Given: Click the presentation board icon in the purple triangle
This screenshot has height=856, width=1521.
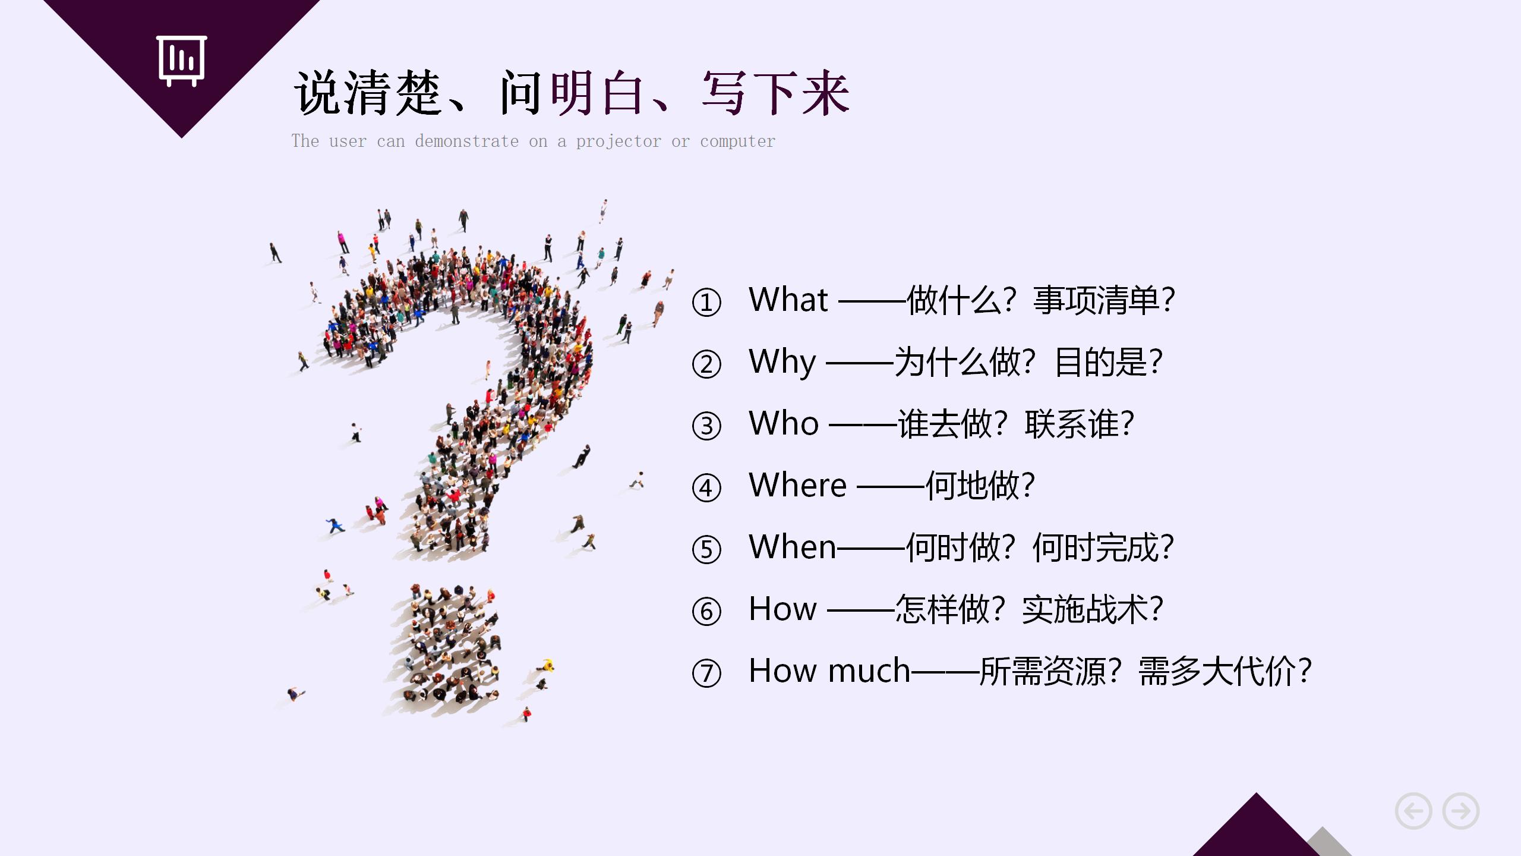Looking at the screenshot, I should pyautogui.click(x=182, y=61).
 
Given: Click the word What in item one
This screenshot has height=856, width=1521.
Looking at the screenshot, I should pyautogui.click(x=788, y=300).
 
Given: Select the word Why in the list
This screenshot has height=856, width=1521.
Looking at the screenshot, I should pyautogui.click(x=782, y=362).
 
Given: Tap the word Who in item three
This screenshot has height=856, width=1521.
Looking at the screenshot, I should pyautogui.click(x=784, y=424).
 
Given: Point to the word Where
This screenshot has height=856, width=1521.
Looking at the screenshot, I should pyautogui.click(x=797, y=486).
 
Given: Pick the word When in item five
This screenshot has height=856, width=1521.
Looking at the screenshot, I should pyautogui.click(x=793, y=547).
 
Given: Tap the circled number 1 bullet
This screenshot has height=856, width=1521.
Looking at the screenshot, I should pyautogui.click(x=706, y=303).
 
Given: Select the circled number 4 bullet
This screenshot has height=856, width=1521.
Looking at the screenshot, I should pyautogui.click(x=706, y=488).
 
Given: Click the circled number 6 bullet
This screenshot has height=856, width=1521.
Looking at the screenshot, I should pyautogui.click(x=706, y=612).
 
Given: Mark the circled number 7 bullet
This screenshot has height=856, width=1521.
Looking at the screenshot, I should pyautogui.click(x=706, y=674).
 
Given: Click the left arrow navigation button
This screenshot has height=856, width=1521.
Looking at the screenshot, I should pyautogui.click(x=1413, y=811).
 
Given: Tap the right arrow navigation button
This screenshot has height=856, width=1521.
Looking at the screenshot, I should pyautogui.click(x=1461, y=811).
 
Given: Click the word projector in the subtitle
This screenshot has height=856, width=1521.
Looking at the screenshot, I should pyautogui.click(x=618, y=142).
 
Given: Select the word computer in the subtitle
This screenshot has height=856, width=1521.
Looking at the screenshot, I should pyautogui.click(x=737, y=142).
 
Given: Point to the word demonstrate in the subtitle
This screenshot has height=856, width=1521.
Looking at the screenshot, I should pyautogui.click(x=466, y=141).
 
